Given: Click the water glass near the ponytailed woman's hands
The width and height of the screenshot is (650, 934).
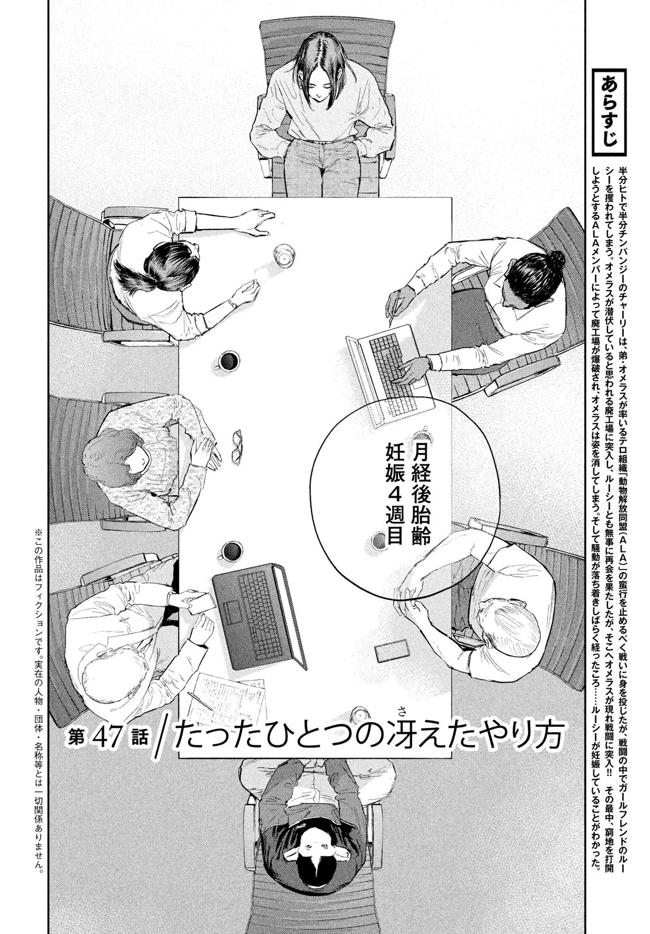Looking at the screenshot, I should tap(284, 256).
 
